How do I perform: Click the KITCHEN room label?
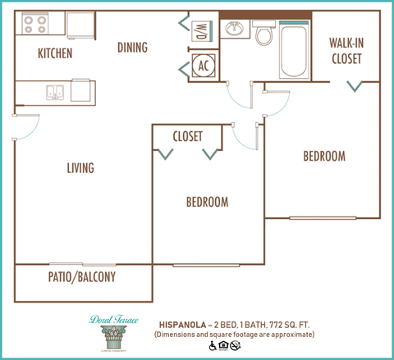[x=55, y=54]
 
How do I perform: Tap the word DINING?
[x=132, y=48]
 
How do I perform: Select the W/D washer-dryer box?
[x=201, y=32]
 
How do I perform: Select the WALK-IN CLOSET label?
[x=346, y=50]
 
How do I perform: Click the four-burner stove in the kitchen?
[x=34, y=25]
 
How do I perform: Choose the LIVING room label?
[x=80, y=168]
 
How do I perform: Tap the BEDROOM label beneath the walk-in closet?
[x=323, y=156]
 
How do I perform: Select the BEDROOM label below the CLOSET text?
[x=206, y=202]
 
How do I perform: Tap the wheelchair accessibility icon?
[x=213, y=347]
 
